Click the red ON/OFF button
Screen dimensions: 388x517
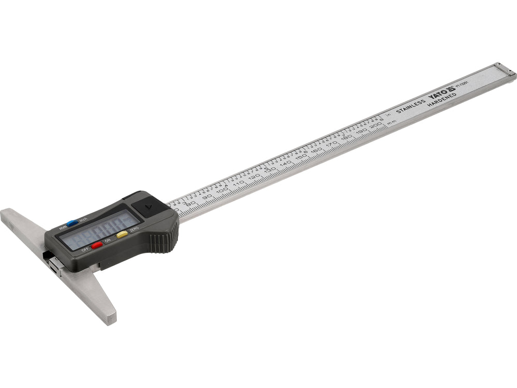(97, 245)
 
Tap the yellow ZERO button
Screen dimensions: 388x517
(122, 234)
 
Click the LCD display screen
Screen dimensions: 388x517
(99, 228)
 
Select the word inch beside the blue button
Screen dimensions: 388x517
(83, 219)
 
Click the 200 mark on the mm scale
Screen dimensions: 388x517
(375, 125)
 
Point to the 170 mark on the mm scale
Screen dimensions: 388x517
(331, 141)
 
